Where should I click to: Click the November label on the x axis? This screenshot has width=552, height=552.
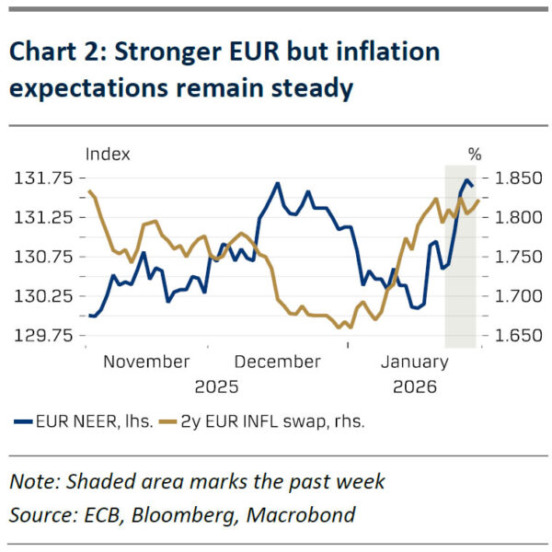tap(146, 362)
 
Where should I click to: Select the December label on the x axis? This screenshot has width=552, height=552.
tap(278, 362)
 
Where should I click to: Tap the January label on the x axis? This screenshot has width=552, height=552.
tap(414, 362)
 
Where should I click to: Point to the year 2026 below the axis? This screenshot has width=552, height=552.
tap(415, 386)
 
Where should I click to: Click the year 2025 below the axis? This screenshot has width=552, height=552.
tap(216, 386)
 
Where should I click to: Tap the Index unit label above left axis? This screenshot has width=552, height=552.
tap(108, 154)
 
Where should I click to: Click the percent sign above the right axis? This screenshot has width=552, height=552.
tap(475, 154)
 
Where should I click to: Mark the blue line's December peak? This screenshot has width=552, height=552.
tap(277, 183)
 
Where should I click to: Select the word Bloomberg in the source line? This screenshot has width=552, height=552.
tap(190, 515)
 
